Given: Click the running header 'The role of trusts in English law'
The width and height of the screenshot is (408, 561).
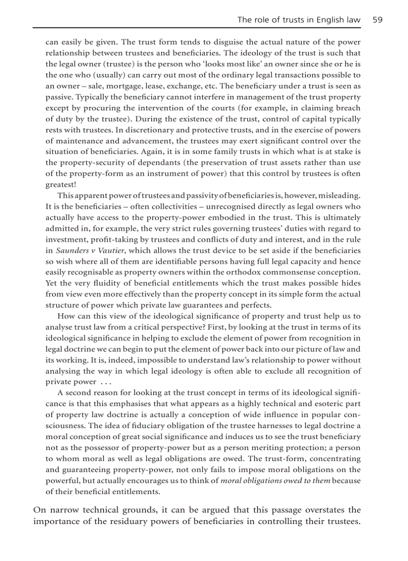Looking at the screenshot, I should tap(298, 20).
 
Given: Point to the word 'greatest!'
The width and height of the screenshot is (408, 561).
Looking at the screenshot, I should tap(60, 184).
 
